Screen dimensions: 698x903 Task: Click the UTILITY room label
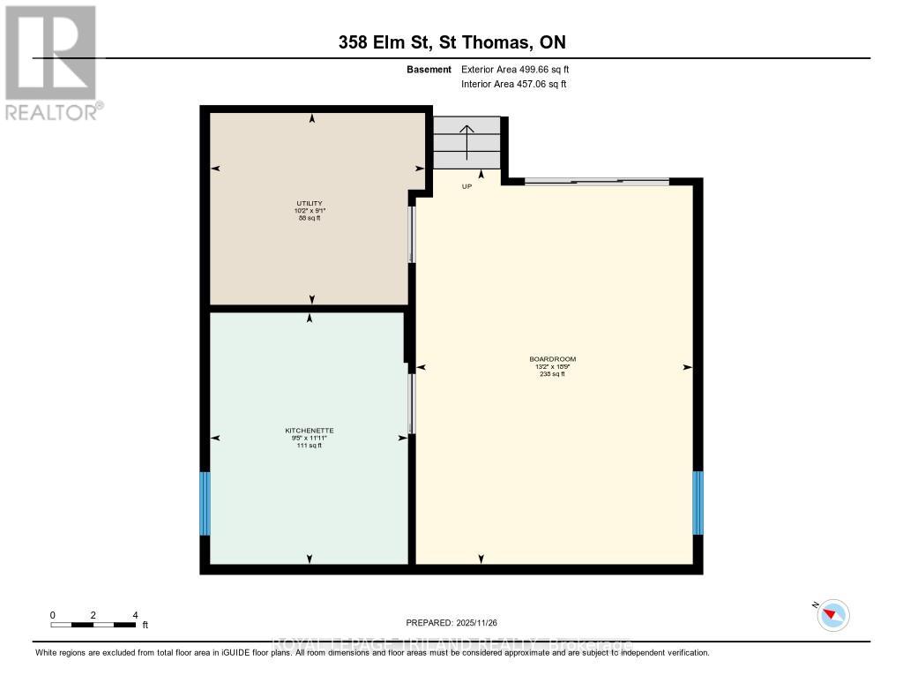coord(309,203)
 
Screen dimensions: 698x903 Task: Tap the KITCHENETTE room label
coord(309,431)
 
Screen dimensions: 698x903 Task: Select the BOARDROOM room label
coord(552,359)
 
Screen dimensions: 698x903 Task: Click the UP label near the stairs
coord(466,186)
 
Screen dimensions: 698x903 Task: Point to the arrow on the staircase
coord(466,141)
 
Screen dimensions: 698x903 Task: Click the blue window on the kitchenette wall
coord(205,503)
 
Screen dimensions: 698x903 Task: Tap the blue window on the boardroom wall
coord(698,502)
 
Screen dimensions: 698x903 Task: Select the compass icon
coord(832,614)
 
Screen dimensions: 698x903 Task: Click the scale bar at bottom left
coord(93,624)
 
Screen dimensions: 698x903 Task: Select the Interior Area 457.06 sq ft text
coord(514,84)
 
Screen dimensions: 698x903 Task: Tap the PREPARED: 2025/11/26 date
coord(451,623)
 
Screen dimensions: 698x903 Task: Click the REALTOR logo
coord(51,62)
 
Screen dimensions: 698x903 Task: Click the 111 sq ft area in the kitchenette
coord(309,446)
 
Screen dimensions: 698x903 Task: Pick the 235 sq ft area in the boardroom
coord(552,374)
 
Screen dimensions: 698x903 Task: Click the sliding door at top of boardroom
coord(596,182)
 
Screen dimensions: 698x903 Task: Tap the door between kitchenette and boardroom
coord(411,403)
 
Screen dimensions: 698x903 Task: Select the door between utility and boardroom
coord(411,234)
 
